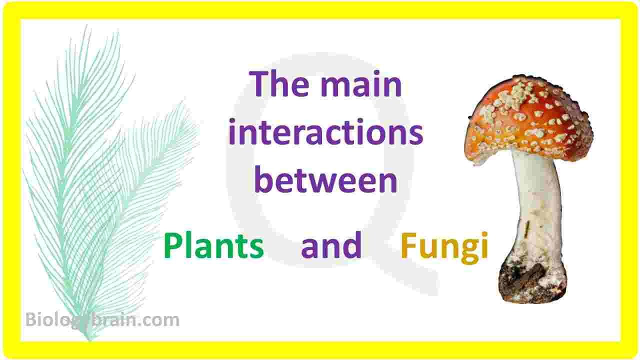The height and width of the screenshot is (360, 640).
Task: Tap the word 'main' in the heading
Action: (x=361, y=84)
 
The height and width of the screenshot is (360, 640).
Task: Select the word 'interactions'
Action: (x=325, y=131)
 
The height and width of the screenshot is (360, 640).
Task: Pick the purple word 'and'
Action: (x=331, y=245)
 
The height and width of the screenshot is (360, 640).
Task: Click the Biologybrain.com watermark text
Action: (x=102, y=320)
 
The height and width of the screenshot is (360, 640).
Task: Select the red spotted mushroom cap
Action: (x=528, y=119)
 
